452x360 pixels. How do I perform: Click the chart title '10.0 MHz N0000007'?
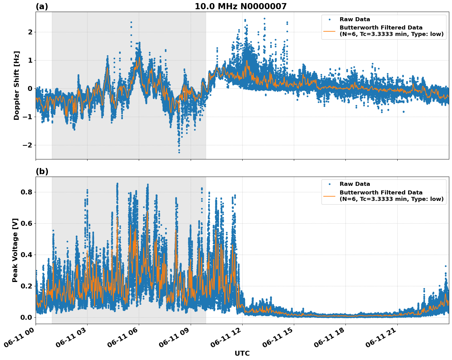coord(240,6)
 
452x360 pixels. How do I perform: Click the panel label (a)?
coord(42,6)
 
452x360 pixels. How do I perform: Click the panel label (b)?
coord(42,171)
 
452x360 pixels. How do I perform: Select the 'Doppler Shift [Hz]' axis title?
coord(17,85)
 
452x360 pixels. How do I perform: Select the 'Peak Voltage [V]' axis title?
coord(15,250)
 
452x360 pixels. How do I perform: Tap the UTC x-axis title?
coord(242,353)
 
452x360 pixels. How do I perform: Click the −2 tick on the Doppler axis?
coord(27,145)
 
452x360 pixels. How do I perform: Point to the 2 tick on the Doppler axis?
coord(30,32)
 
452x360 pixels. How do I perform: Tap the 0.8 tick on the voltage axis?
coord(27,192)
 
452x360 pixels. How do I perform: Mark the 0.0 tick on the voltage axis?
coord(27,317)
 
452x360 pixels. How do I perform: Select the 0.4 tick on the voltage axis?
coord(27,255)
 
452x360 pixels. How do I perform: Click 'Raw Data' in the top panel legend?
coord(355,19)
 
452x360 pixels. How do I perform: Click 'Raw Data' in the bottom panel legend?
coord(355,184)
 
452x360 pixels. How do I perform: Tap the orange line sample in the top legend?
coord(329,31)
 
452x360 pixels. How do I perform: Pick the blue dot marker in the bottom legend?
coord(329,184)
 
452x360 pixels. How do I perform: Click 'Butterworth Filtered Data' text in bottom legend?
coord(381,193)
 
